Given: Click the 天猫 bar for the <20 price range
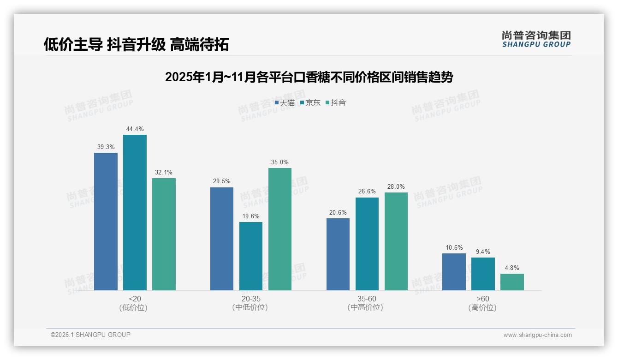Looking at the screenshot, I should click(106, 222).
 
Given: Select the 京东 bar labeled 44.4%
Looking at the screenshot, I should click(135, 212).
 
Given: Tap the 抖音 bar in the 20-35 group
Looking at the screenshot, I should click(280, 229).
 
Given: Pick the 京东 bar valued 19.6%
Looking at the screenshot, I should click(251, 256).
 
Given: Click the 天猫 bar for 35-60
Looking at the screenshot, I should click(338, 254).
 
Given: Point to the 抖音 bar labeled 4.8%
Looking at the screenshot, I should click(512, 282).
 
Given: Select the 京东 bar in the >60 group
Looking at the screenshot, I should click(483, 274).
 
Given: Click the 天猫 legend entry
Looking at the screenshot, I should click(285, 103).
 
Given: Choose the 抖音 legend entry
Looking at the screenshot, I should click(336, 103).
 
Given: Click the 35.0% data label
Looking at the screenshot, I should click(280, 162).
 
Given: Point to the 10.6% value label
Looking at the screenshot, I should click(454, 248).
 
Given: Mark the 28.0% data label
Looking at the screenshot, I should click(396, 187).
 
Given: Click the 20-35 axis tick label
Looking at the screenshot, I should click(250, 299).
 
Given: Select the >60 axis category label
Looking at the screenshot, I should click(483, 299).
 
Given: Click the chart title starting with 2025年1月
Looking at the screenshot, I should click(309, 77).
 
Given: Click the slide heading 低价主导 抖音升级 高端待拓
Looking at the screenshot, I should click(137, 45).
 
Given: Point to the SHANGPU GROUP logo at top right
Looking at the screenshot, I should click(536, 39).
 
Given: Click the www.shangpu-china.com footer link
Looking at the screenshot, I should click(537, 335).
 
